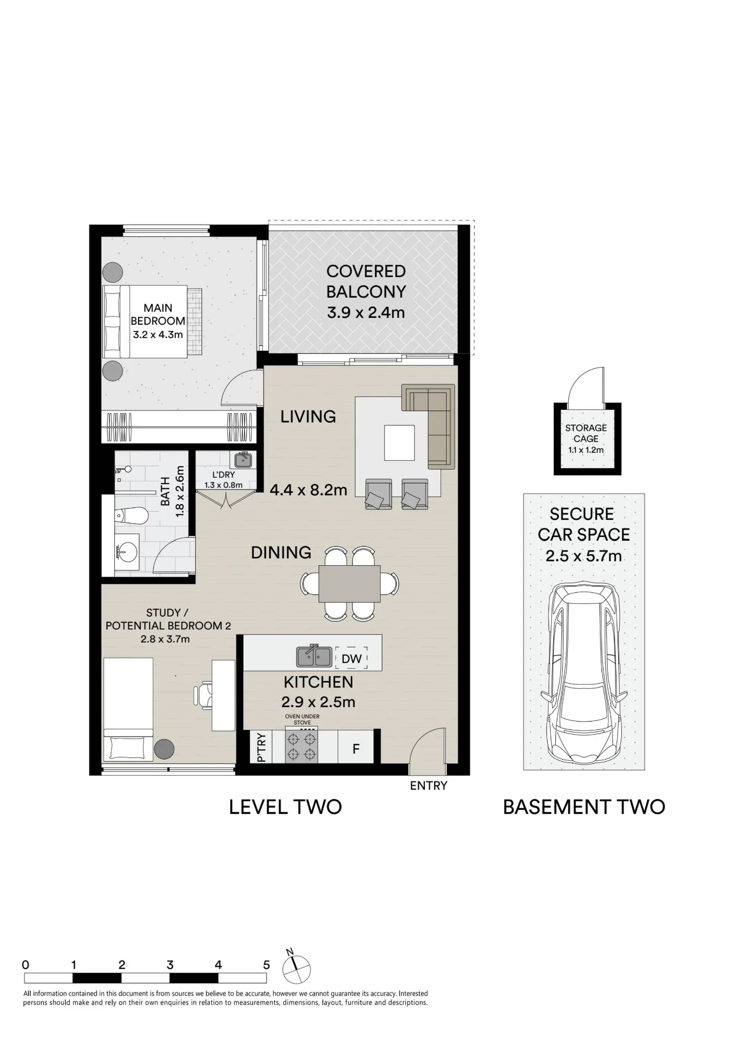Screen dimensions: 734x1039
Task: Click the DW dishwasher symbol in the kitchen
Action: (351, 658)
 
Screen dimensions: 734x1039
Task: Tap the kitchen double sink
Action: (314, 656)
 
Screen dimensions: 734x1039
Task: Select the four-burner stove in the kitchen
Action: (302, 746)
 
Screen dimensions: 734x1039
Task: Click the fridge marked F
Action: (356, 749)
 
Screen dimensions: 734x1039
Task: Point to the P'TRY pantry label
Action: (262, 747)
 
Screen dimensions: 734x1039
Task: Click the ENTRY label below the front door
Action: (429, 786)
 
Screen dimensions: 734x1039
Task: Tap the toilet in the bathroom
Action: (131, 516)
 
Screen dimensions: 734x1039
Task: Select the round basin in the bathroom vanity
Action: (127, 550)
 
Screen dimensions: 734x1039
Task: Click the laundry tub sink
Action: (243, 460)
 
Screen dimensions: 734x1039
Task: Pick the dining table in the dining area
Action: (349, 583)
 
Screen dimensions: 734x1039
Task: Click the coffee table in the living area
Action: (399, 443)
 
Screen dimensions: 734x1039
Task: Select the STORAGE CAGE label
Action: (586, 433)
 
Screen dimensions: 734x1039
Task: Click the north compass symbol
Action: (296, 969)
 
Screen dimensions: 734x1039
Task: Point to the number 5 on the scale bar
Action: (266, 965)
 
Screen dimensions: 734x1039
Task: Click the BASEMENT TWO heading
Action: (584, 807)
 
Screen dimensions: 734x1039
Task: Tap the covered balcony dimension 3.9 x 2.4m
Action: (366, 313)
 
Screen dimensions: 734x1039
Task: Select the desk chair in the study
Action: (203, 696)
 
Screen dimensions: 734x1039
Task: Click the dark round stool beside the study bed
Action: (164, 749)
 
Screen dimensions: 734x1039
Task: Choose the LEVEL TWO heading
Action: (285, 807)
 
